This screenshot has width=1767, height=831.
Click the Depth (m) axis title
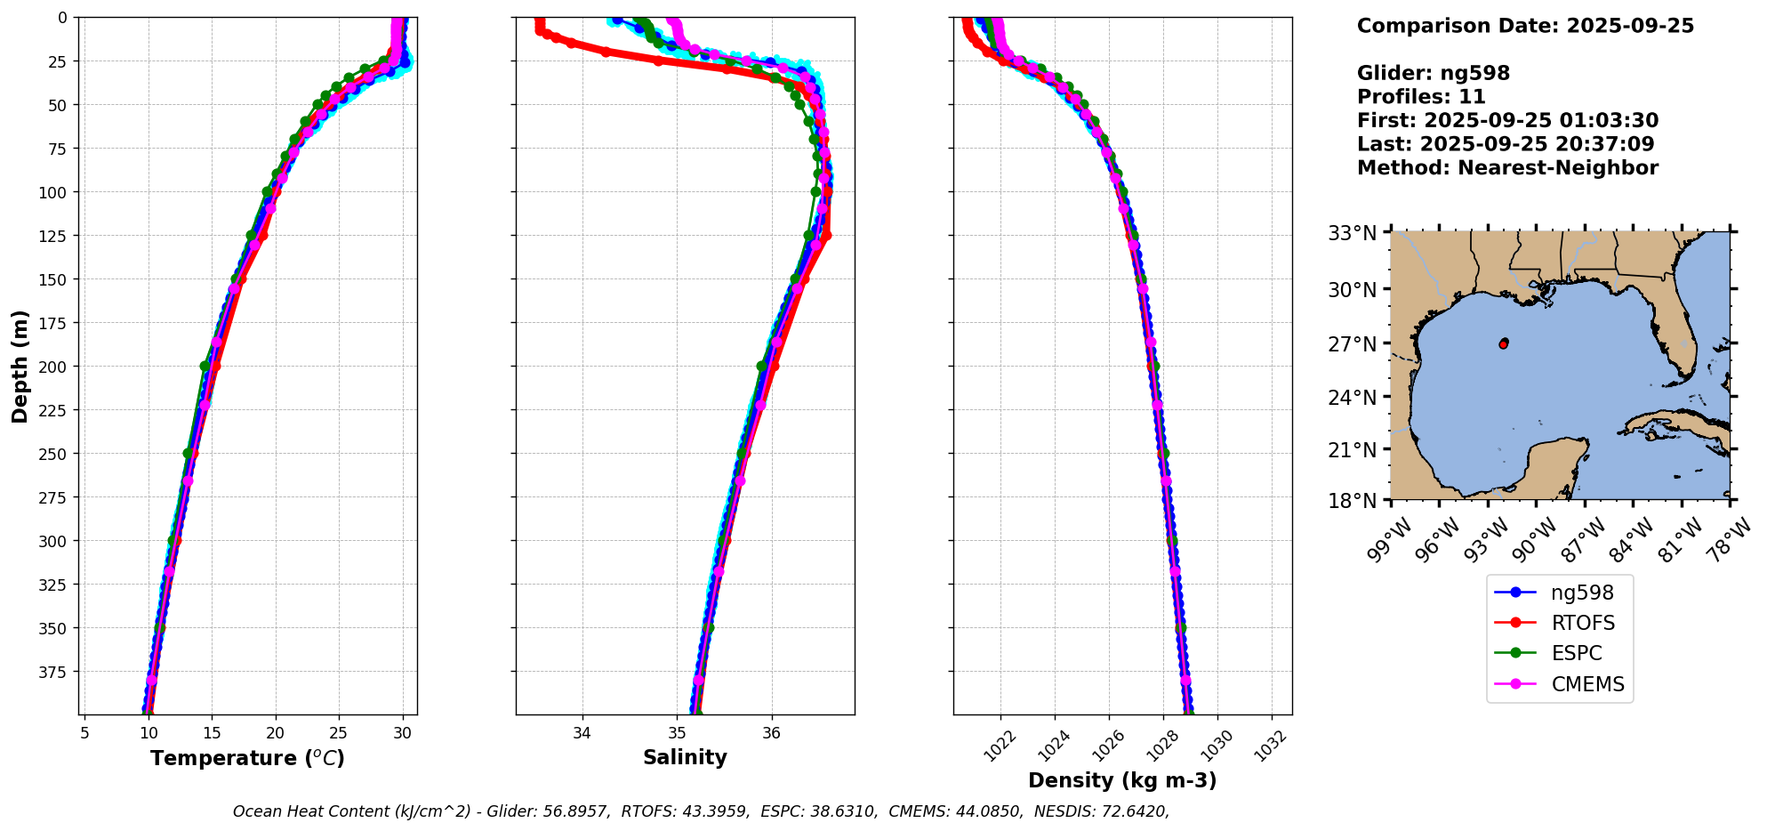pos(20,366)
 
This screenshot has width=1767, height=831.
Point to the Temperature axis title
pos(247,758)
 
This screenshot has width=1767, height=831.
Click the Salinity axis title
pos(685,758)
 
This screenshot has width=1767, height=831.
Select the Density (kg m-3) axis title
pos(1122,780)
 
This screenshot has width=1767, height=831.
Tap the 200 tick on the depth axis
pos(56,367)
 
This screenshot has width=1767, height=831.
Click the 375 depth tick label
pos(56,672)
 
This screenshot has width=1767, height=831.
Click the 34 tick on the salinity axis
pos(582,733)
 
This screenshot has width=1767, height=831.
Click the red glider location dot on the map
pos(1503,343)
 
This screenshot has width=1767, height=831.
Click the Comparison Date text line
pos(1525,26)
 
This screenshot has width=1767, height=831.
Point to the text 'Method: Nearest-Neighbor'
pos(1507,168)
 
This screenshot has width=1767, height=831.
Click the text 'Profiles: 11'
pos(1421,97)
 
